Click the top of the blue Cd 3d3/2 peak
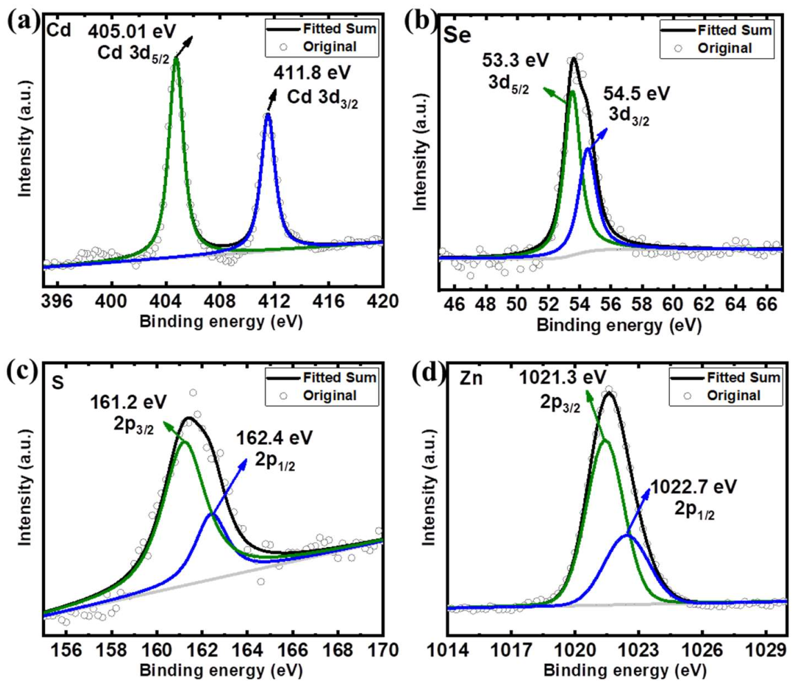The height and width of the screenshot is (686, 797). pos(268,115)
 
